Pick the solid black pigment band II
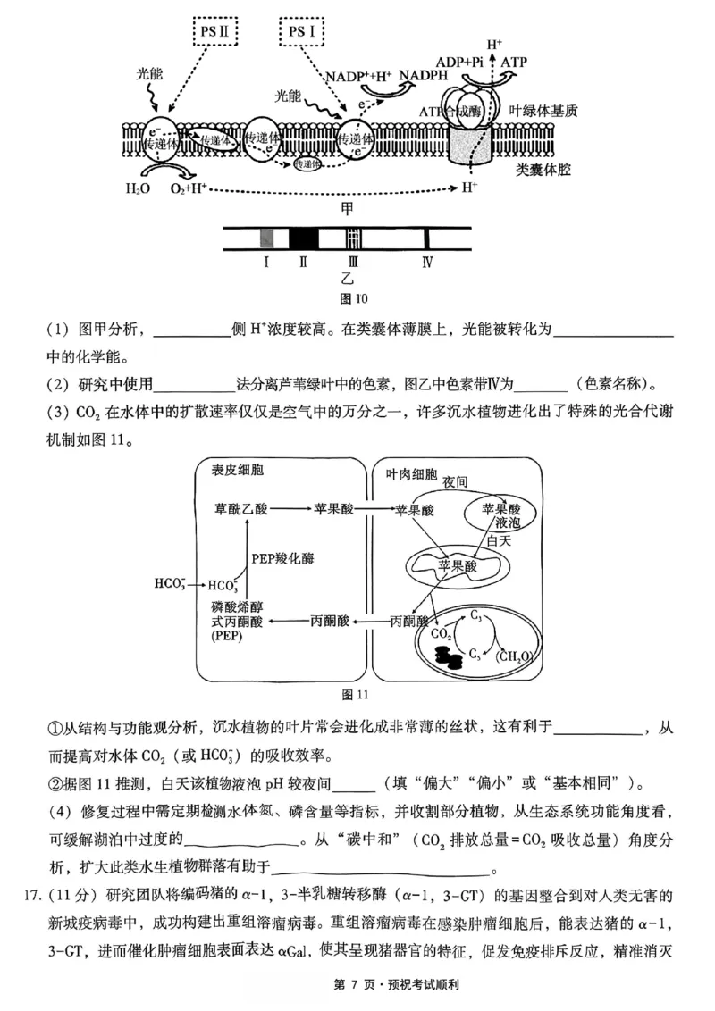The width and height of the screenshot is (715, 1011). tap(304, 238)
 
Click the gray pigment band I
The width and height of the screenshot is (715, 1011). tap(266, 238)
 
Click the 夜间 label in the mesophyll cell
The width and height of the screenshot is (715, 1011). tap(455, 482)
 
